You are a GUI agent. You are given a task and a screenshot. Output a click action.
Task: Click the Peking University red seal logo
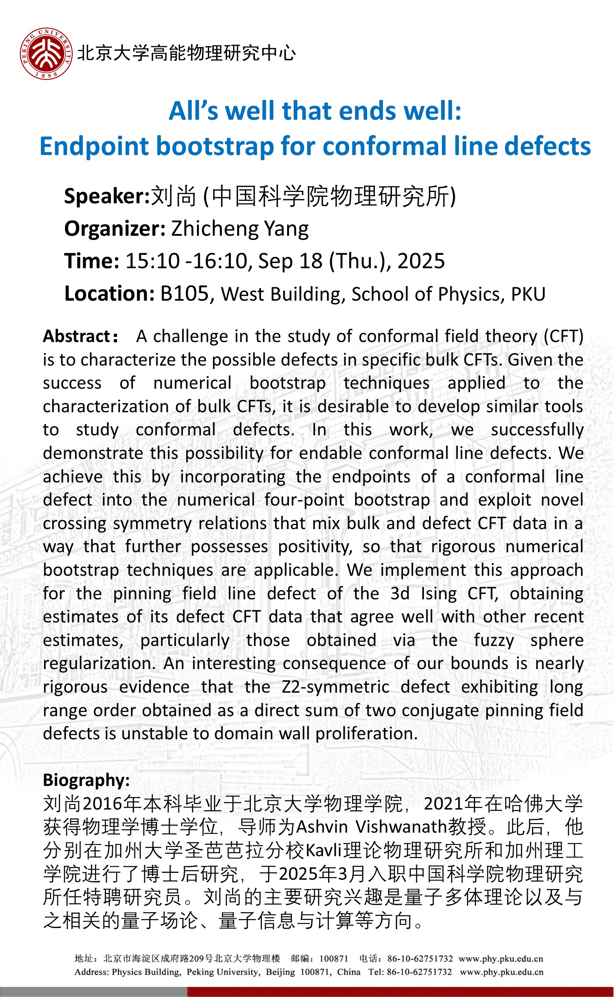click(46, 54)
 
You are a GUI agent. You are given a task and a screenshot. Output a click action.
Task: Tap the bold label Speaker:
click(107, 196)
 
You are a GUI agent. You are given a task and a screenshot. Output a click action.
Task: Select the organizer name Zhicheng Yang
click(240, 229)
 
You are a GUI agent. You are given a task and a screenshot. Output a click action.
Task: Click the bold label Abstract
click(77, 336)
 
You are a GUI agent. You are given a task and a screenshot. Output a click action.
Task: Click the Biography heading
click(86, 780)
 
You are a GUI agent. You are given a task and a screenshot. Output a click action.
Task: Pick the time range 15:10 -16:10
click(186, 261)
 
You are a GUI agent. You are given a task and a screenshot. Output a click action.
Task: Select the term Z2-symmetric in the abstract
click(335, 687)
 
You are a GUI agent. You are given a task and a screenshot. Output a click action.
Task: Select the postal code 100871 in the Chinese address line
click(334, 958)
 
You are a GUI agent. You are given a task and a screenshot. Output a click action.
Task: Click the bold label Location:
click(109, 293)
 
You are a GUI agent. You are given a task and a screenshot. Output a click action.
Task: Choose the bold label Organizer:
click(115, 229)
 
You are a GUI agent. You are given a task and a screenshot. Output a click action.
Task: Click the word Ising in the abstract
click(439, 594)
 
